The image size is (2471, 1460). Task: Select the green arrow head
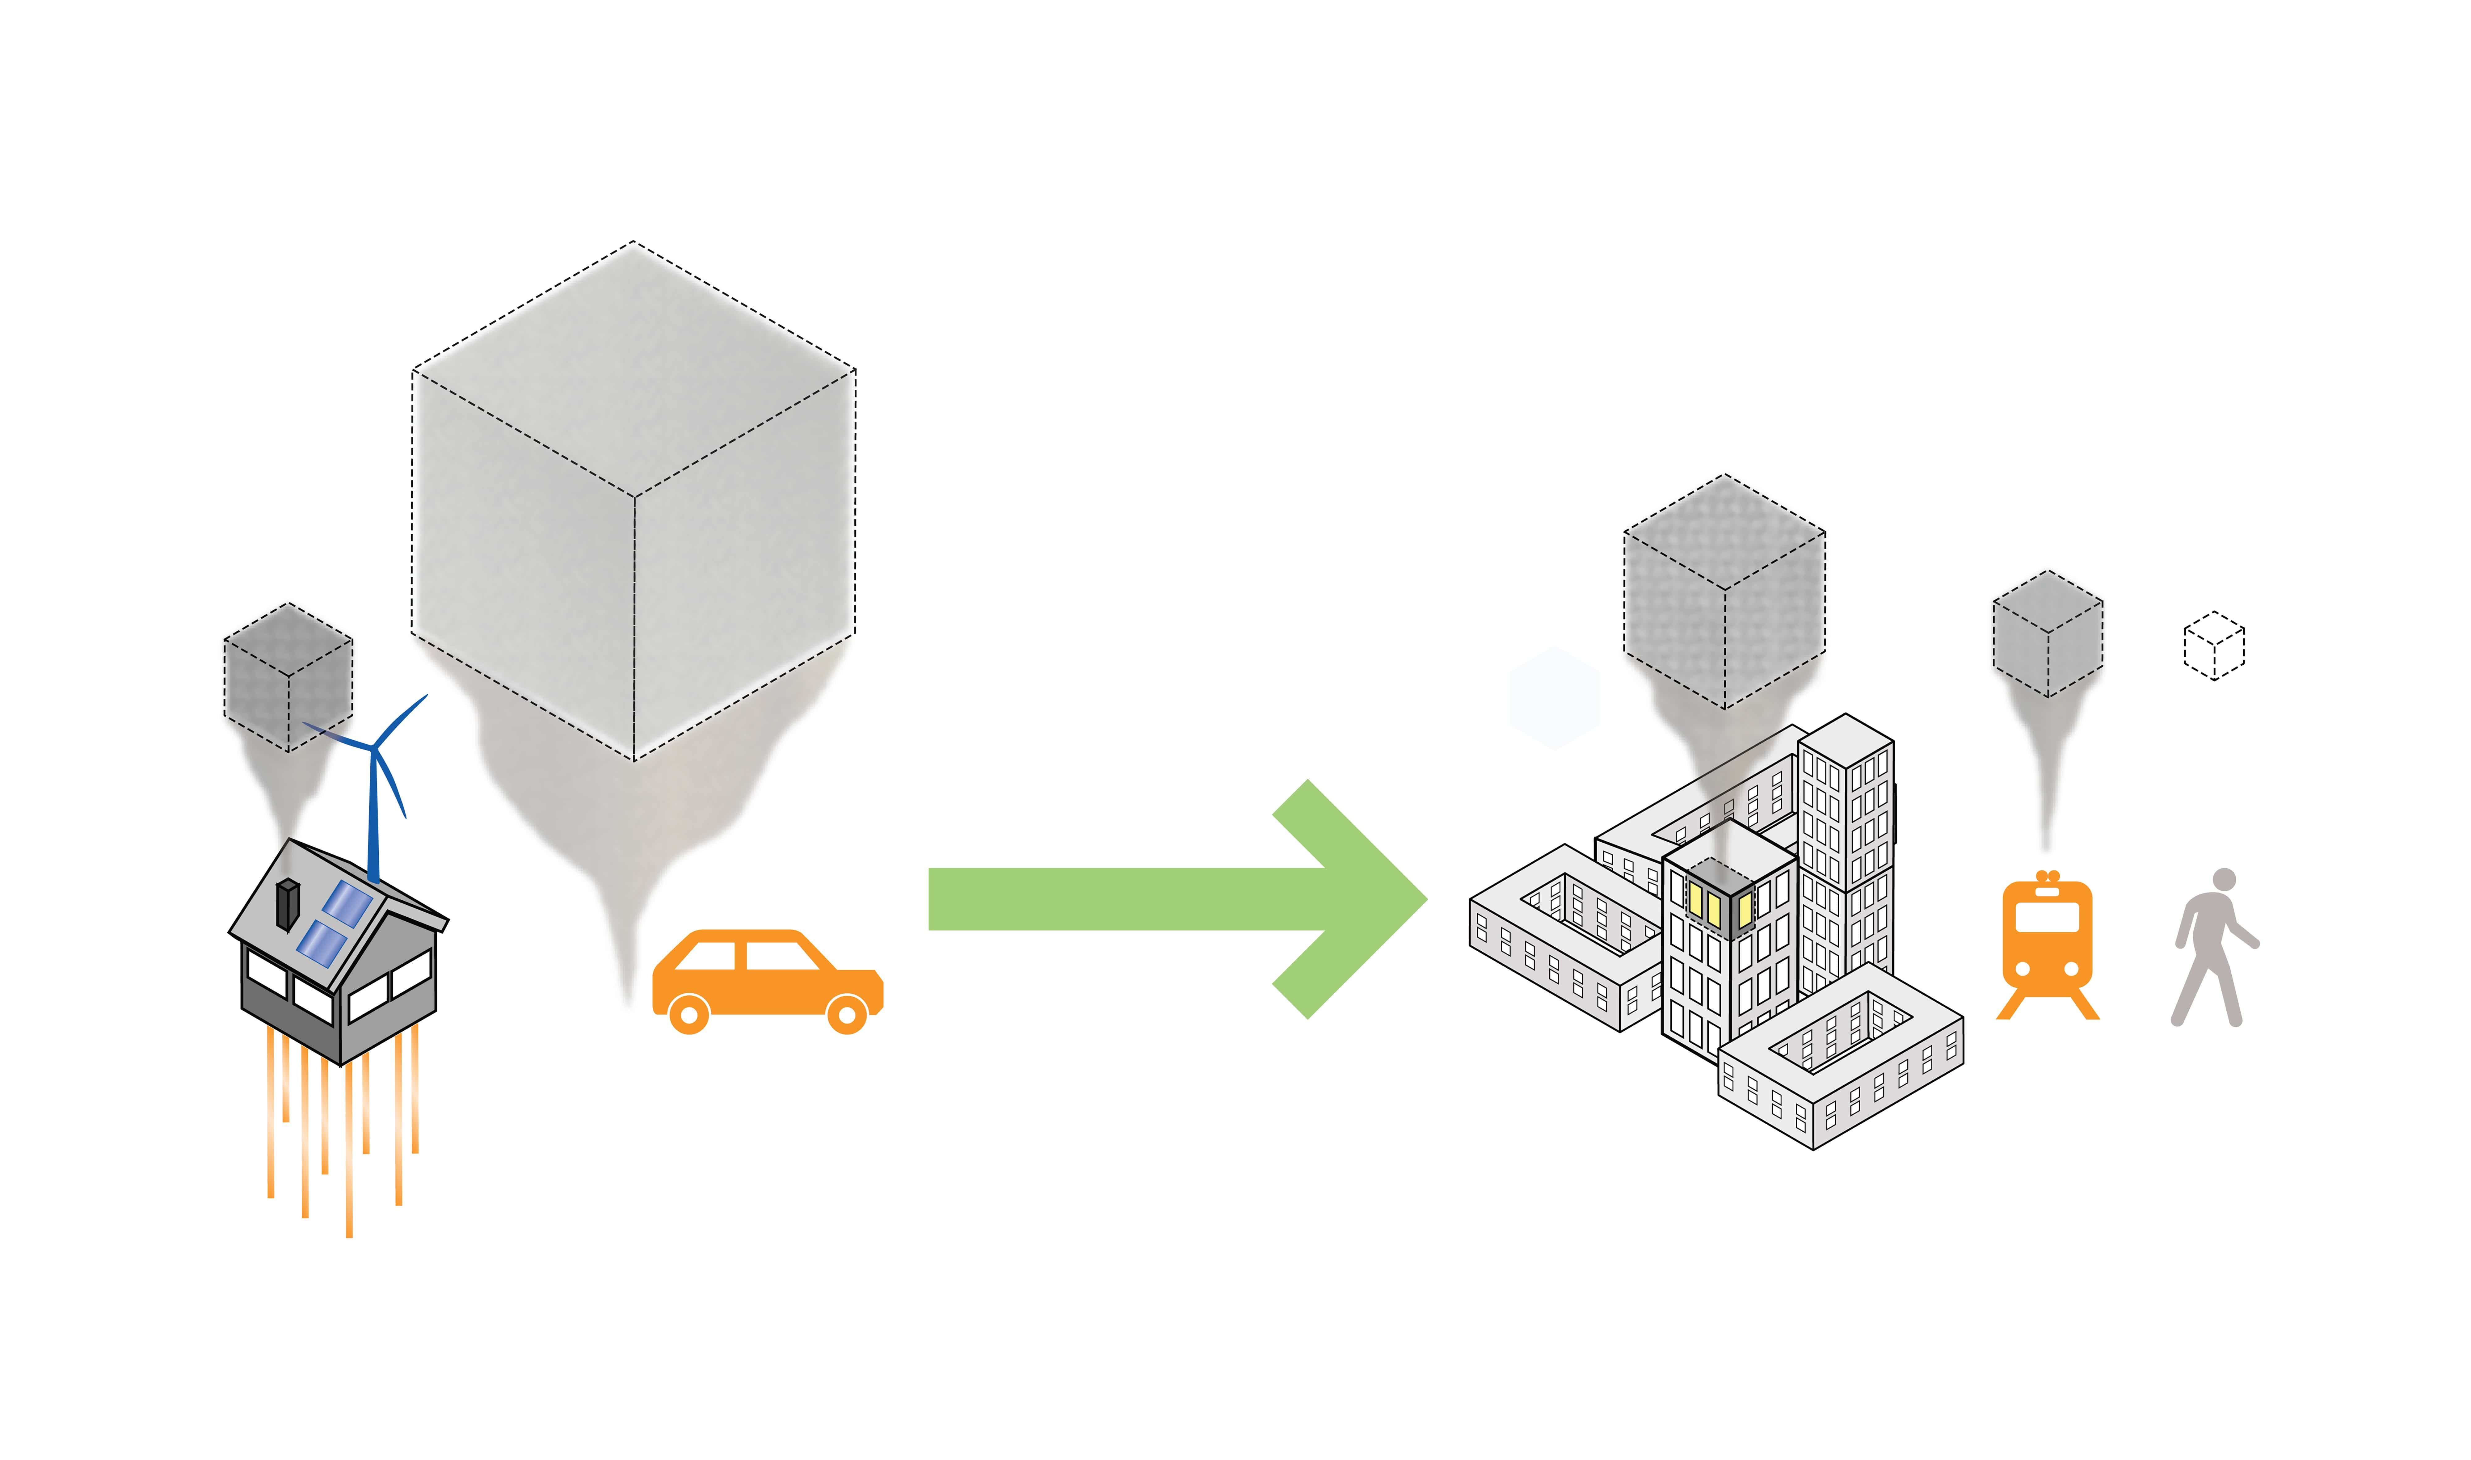point(1358,898)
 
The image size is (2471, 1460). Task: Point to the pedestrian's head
point(2224,880)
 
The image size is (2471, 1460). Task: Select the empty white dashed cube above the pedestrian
point(2213,646)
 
